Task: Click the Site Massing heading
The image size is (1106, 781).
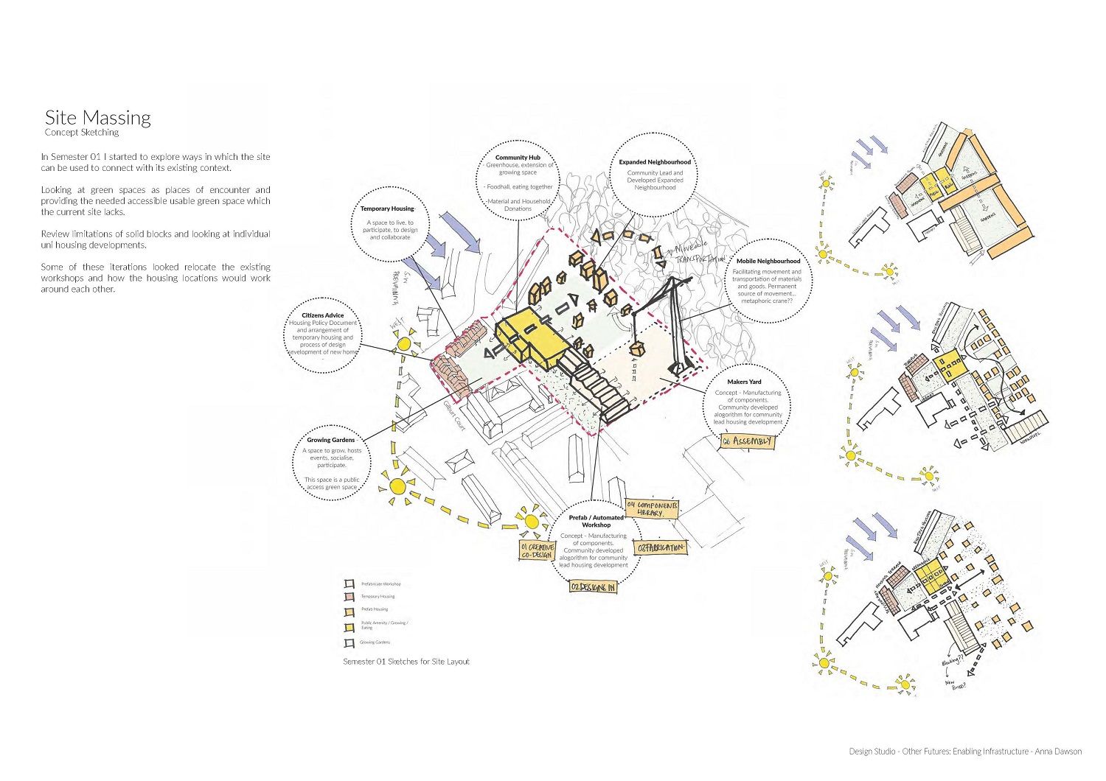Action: (97, 118)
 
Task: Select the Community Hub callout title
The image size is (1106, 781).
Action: (518, 157)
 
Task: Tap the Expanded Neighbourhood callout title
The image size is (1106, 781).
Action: (655, 162)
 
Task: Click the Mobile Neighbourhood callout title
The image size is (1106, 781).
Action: (768, 261)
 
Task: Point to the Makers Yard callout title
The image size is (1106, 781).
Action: (744, 382)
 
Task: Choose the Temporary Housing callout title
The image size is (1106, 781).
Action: (387, 209)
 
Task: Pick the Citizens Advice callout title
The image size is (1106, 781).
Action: (323, 315)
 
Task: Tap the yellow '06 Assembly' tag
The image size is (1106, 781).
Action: (748, 441)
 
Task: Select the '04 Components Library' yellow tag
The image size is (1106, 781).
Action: (652, 509)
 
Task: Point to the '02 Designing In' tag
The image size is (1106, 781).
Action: (593, 587)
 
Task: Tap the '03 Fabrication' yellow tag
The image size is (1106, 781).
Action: (661, 548)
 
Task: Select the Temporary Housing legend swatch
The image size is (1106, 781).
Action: (350, 597)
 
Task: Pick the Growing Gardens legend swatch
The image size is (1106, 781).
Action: (350, 642)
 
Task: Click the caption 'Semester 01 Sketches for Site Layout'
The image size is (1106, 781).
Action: (406, 662)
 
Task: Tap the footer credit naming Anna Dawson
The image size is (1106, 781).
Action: (965, 752)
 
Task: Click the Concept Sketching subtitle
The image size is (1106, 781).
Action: (81, 133)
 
